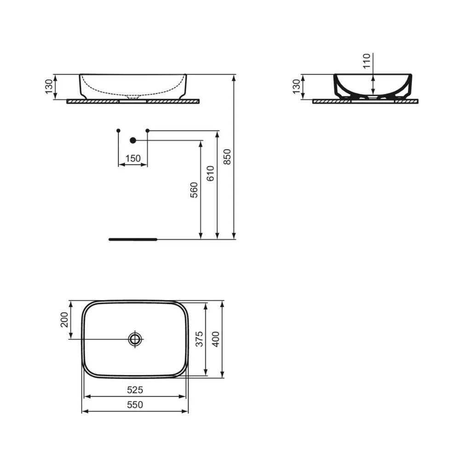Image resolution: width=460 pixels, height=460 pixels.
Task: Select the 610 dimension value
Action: click(x=210, y=174)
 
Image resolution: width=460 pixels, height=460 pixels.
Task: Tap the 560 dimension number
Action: click(x=194, y=190)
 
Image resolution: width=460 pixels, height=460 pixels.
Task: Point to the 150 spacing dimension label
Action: click(x=133, y=158)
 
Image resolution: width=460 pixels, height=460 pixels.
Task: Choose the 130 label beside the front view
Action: click(x=49, y=86)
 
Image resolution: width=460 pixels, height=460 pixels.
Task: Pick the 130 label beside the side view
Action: click(x=296, y=86)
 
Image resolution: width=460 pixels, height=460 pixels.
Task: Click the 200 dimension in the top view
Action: click(x=64, y=320)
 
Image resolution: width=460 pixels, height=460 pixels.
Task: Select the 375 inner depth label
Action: click(x=198, y=339)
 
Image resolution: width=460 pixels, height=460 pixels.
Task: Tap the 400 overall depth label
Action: click(x=215, y=339)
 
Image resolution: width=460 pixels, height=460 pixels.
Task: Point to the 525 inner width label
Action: click(x=135, y=390)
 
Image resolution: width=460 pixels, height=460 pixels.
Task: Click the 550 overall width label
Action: click(x=135, y=405)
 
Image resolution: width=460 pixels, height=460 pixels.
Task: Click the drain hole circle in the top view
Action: click(x=135, y=339)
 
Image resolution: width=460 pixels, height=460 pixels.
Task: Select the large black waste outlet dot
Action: click(x=133, y=140)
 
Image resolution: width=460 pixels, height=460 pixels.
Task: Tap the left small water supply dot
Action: click(x=119, y=131)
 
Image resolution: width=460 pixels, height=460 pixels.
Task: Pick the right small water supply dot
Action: click(x=147, y=131)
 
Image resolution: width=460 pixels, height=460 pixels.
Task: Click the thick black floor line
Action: click(x=133, y=239)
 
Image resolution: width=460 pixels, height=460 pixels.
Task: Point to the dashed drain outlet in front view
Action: click(x=133, y=97)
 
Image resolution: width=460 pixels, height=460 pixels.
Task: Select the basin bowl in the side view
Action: click(x=373, y=85)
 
